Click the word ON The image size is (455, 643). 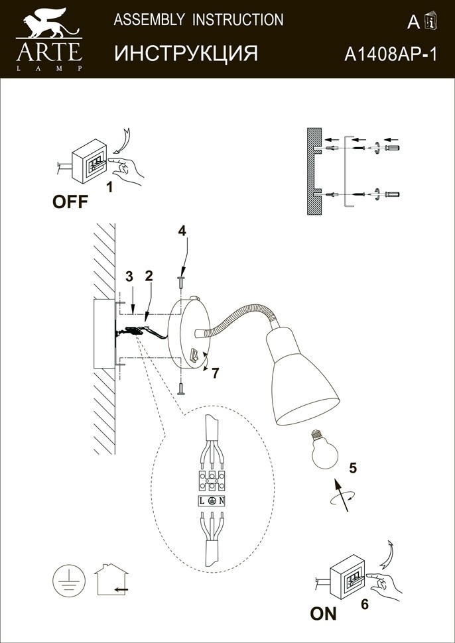[324, 613]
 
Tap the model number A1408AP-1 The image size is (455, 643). [390, 54]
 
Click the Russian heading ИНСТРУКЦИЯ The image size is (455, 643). [186, 53]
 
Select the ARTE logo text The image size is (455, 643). [49, 49]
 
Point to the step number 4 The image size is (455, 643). [181, 231]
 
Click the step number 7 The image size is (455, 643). [215, 373]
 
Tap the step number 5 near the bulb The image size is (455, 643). [353, 468]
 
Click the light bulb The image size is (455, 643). [324, 449]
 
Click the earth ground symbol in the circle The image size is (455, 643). [68, 580]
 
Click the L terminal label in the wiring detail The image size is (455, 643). [203, 501]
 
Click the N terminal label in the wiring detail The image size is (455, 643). [222, 501]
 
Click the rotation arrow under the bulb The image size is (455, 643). [340, 498]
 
